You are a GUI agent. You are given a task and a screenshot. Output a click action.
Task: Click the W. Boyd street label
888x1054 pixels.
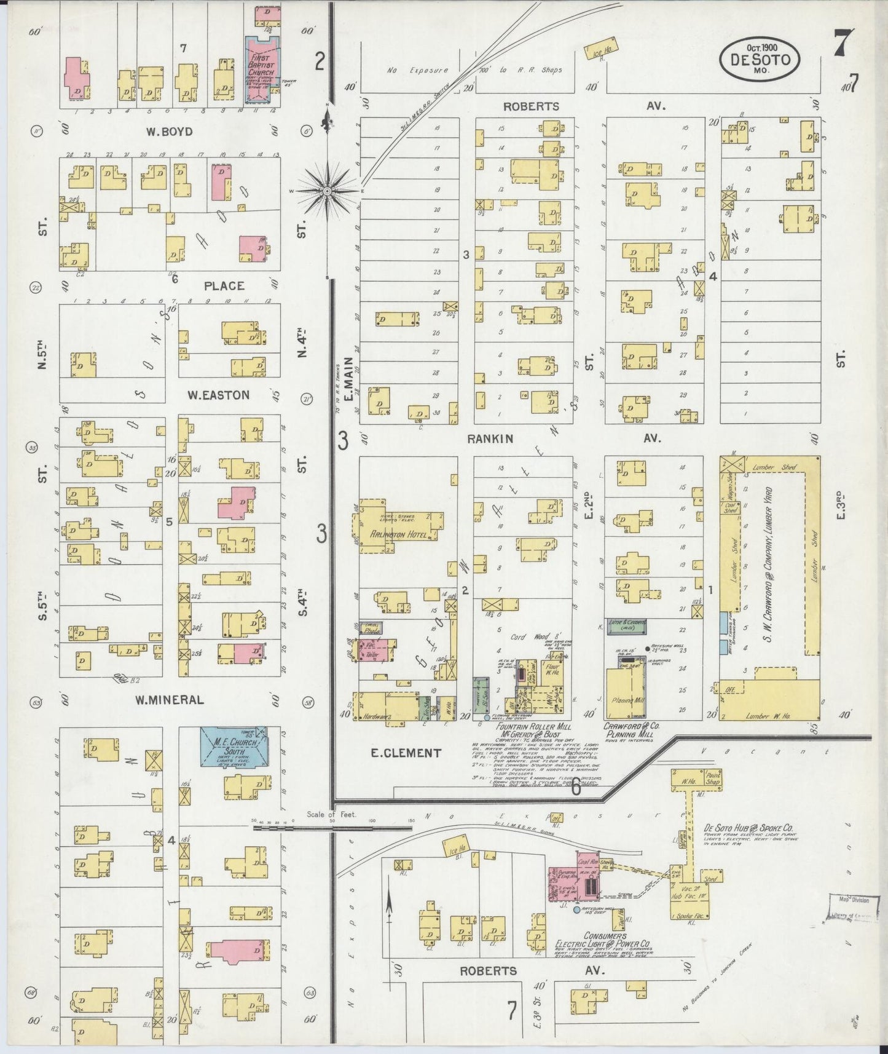(169, 132)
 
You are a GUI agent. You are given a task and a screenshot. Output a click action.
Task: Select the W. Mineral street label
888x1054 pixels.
(169, 700)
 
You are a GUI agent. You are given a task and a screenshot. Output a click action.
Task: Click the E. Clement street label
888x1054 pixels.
(406, 753)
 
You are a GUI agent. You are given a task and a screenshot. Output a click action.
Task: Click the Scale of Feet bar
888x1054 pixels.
(332, 827)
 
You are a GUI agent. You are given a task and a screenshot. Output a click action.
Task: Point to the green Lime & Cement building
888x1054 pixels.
(626, 626)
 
